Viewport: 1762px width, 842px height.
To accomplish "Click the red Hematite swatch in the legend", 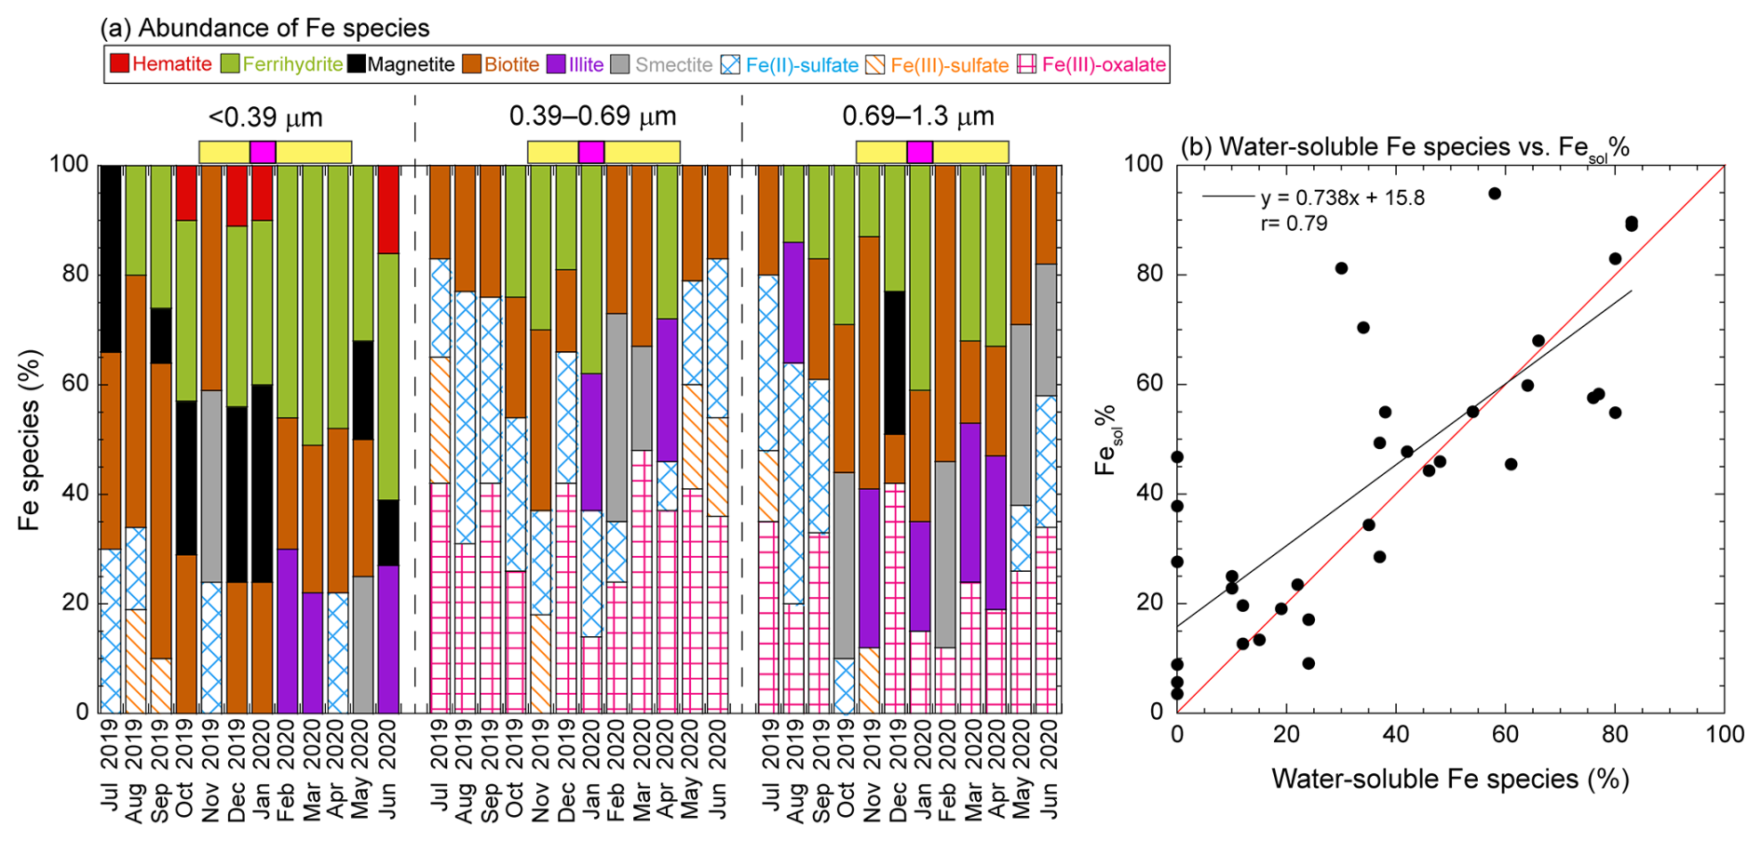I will pyautogui.click(x=119, y=64).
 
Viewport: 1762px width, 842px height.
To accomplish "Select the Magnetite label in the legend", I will pyautogui.click(x=411, y=64).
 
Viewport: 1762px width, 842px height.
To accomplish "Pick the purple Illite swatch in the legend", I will pyautogui.click(x=556, y=64).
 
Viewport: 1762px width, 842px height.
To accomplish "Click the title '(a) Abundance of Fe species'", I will pyautogui.click(x=265, y=28).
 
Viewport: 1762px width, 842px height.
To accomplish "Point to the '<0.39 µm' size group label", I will pyautogui.click(x=266, y=117).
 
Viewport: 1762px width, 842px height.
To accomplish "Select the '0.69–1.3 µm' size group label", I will pyautogui.click(x=918, y=116).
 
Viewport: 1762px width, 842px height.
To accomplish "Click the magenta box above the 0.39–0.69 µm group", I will pyautogui.click(x=591, y=152).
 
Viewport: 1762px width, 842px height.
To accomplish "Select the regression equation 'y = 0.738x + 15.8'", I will pyautogui.click(x=1342, y=197).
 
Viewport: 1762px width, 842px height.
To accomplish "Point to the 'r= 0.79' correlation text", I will pyautogui.click(x=1294, y=224).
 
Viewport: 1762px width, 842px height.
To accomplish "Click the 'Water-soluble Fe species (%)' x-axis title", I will pyautogui.click(x=1449, y=779).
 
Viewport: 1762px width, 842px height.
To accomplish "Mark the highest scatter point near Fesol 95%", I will pyautogui.click(x=1495, y=194).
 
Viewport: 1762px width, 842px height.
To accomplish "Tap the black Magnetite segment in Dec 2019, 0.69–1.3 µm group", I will pyautogui.click(x=896, y=363).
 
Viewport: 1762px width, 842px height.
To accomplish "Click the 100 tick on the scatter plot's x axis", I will pyautogui.click(x=1724, y=735).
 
